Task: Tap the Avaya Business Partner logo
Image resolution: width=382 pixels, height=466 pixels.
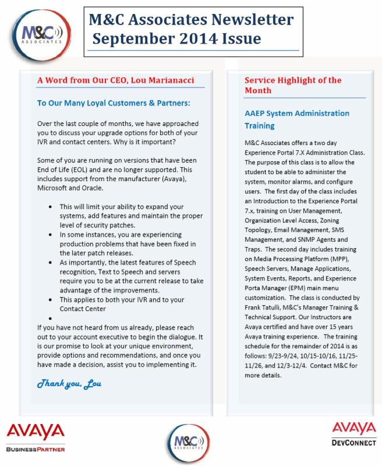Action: [x=36, y=437]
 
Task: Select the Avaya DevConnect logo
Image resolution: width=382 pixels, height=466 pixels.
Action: [x=353, y=436]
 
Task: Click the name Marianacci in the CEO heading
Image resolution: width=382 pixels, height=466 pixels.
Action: [x=168, y=80]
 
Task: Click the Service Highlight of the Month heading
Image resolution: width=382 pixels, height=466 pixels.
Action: [x=293, y=85]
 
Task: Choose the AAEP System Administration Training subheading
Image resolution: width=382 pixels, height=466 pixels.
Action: [x=296, y=119]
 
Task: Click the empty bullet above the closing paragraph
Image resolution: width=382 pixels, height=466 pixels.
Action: [x=52, y=319]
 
